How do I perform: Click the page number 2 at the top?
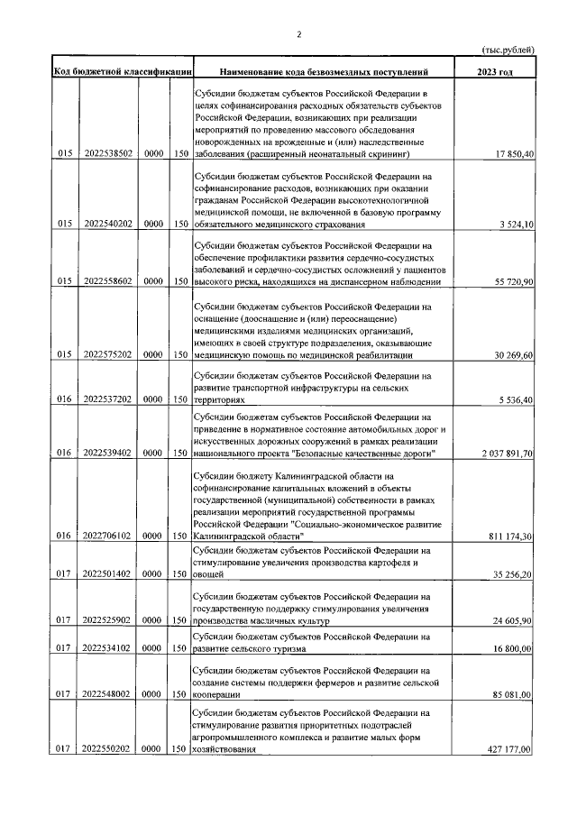(x=298, y=34)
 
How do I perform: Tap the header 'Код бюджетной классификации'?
(x=121, y=71)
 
